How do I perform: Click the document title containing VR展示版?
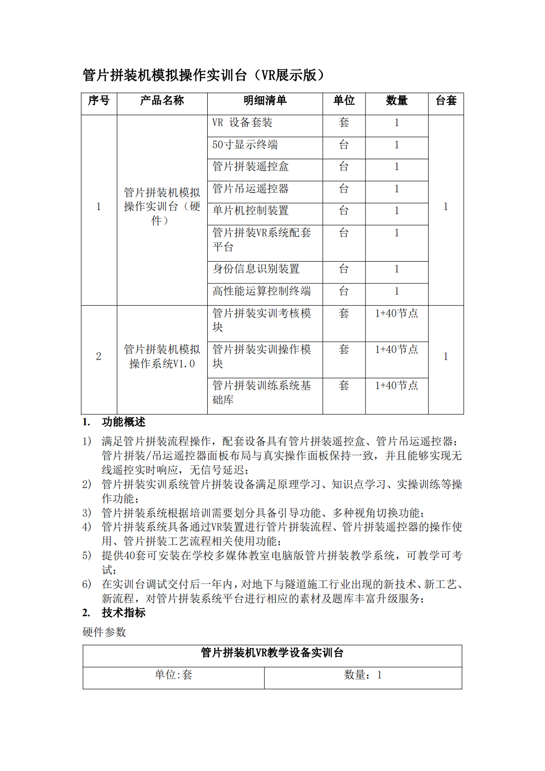203,75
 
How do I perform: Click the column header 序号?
98,101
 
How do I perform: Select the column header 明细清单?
265,101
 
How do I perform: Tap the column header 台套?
446,101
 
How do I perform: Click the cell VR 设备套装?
242,123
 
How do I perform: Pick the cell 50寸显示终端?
245,145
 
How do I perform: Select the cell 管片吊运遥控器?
250,189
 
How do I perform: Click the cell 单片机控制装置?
250,211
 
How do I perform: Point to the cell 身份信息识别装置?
256,269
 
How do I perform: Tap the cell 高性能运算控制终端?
262,291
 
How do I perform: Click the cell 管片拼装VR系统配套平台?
262,239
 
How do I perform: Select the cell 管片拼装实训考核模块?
262,320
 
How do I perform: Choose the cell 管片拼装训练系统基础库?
262,392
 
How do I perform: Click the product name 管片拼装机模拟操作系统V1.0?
162,357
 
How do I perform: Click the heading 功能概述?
123,422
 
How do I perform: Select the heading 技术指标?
123,613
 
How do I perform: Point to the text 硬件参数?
104,632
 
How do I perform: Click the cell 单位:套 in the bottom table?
173,675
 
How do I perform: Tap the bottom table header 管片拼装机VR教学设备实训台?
272,653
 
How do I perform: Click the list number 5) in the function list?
87,556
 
